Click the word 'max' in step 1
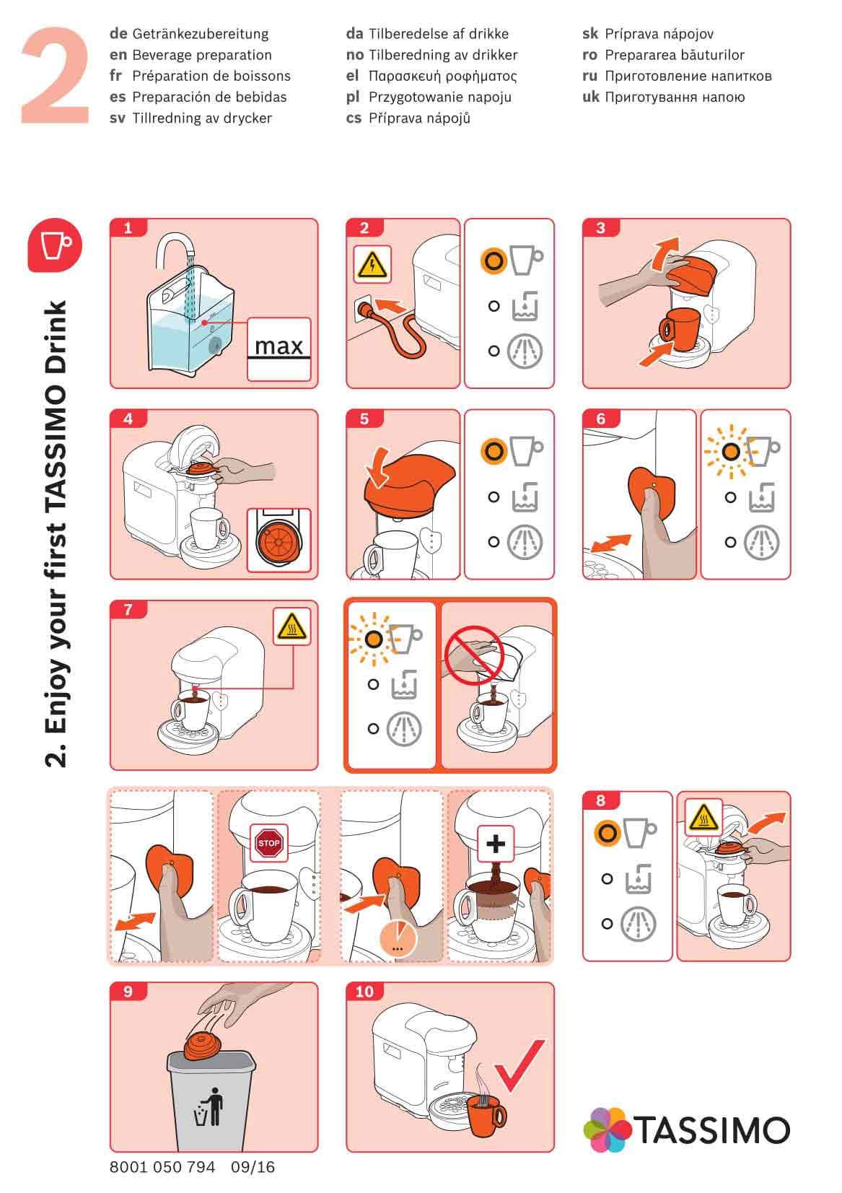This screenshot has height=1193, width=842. pyautogui.click(x=279, y=346)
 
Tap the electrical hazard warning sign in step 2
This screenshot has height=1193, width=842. pyautogui.click(x=372, y=264)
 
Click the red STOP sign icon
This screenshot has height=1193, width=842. pyautogui.click(x=268, y=843)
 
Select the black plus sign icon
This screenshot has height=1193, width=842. pyautogui.click(x=495, y=844)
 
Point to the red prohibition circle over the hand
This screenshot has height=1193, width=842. pyautogui.click(x=475, y=655)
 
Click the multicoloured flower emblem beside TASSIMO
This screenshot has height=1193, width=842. pyautogui.click(x=608, y=1129)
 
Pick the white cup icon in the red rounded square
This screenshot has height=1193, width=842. pyautogui.click(x=55, y=245)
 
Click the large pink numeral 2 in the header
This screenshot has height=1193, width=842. pyautogui.click(x=55, y=76)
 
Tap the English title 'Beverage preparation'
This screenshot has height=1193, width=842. pyautogui.click(x=202, y=55)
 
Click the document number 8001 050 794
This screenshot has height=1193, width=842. pyautogui.click(x=162, y=1167)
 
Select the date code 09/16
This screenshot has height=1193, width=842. pyautogui.click(x=253, y=1167)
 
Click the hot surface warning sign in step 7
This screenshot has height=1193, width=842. pyautogui.click(x=291, y=626)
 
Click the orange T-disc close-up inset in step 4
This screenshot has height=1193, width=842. pyautogui.click(x=279, y=540)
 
